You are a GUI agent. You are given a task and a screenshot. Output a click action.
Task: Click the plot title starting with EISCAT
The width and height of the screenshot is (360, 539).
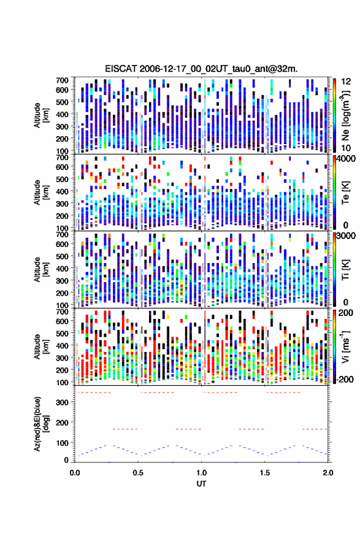[x=202, y=69]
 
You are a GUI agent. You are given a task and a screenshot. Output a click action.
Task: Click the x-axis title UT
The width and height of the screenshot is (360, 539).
[x=201, y=484]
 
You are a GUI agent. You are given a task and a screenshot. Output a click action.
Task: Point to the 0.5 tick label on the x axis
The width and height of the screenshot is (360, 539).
[x=138, y=473]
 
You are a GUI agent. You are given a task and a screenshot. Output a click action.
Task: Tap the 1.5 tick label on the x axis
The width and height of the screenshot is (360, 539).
[x=265, y=473]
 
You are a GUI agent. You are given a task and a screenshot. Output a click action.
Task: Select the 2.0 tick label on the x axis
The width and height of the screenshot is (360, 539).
[x=328, y=473]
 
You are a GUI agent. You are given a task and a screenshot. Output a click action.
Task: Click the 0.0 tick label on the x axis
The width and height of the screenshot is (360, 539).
[x=75, y=473]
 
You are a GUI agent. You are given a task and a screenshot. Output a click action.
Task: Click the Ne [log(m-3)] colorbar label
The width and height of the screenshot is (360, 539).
[x=345, y=115]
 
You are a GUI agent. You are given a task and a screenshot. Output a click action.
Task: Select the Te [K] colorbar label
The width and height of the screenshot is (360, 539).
[x=345, y=193]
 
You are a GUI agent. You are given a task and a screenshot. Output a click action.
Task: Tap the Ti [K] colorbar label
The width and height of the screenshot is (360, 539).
[x=345, y=270]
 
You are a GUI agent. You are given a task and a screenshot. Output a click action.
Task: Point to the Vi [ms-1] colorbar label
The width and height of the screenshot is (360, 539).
[x=345, y=346]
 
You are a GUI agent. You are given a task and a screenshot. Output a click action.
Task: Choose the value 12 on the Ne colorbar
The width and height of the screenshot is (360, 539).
[x=347, y=82]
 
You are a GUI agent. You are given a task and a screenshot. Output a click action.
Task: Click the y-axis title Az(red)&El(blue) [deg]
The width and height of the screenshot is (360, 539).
[x=41, y=424]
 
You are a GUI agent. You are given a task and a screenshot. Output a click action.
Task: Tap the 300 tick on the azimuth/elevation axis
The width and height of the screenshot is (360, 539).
[x=62, y=402]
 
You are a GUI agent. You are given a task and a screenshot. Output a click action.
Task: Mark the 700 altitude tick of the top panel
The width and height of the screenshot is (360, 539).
[x=62, y=80]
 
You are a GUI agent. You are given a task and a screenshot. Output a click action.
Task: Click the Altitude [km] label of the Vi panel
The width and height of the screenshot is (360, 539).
[x=41, y=346]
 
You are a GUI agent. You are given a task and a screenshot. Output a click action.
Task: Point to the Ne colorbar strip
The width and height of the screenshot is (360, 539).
[x=334, y=115]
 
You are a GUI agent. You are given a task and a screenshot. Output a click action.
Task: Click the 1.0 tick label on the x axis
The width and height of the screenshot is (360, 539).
[x=202, y=473]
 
